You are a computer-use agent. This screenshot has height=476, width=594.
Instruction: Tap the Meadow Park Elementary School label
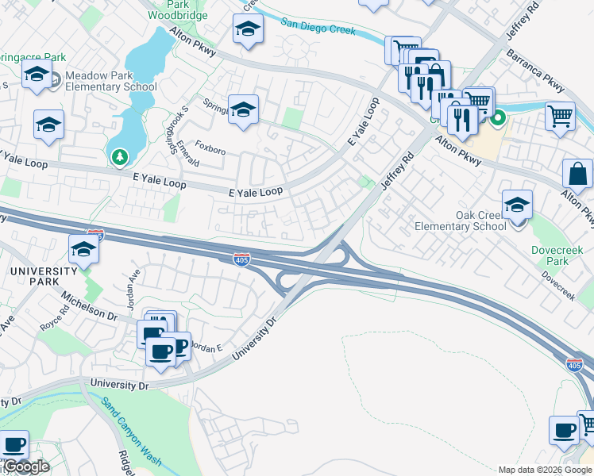(110, 81)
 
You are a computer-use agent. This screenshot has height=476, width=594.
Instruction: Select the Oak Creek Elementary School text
(460, 221)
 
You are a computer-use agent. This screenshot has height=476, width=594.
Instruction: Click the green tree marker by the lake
(120, 157)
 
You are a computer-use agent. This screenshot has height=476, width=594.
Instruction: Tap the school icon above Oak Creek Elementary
(517, 205)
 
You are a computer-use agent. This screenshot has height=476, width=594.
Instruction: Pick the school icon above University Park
(83, 249)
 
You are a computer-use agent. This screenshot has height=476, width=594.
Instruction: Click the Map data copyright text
(545, 470)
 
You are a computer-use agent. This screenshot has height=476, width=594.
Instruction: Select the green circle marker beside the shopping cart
(498, 120)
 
